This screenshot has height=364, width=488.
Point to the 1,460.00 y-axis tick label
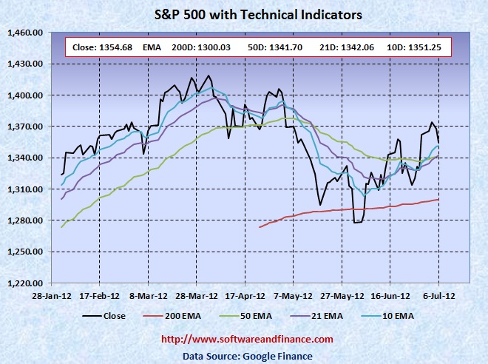point(28,33)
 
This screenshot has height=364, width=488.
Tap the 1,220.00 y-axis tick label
point(28,283)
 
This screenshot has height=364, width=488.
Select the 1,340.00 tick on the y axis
point(28,158)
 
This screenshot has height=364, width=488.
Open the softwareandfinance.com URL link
point(247,339)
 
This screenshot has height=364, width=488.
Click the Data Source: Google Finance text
point(247,356)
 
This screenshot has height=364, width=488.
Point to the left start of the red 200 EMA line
point(260,227)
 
